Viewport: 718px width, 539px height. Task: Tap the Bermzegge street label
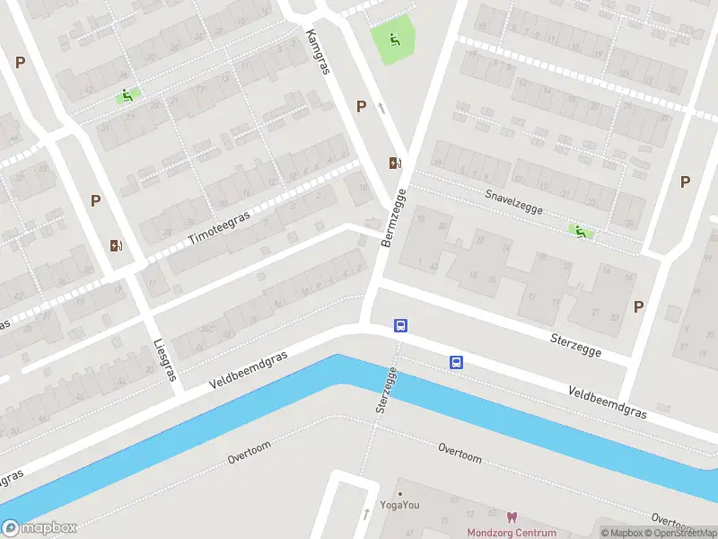394,218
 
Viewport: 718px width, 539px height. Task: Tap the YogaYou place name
400,505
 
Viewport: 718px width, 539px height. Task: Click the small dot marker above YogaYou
400,493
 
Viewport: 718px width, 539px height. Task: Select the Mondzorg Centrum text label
512,532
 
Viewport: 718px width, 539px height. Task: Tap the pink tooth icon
512,517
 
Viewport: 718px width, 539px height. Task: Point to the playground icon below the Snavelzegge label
581,233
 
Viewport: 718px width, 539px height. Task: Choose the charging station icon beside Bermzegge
394,163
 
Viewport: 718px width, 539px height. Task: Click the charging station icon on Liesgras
115,245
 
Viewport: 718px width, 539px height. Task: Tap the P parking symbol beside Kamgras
361,106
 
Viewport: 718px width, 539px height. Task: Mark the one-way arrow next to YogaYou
366,514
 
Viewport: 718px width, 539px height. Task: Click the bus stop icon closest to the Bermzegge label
401,326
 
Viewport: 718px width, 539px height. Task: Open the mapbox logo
39,528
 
